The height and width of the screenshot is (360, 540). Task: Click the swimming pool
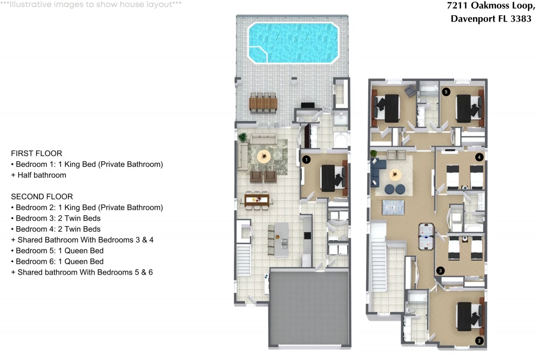(x=293, y=43)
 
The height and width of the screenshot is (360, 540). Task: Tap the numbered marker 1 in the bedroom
(x=306, y=160)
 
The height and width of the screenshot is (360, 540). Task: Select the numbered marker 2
(x=479, y=341)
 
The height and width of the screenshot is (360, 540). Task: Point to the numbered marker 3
(x=440, y=270)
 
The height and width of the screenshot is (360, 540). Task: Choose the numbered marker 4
(x=479, y=157)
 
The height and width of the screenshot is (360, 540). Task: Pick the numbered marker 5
(x=446, y=92)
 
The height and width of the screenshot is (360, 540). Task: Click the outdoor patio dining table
(x=263, y=103)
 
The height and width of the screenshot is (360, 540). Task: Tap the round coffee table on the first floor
(x=264, y=157)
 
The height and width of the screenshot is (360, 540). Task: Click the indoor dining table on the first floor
(x=257, y=200)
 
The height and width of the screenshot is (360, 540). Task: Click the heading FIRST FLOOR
(x=37, y=153)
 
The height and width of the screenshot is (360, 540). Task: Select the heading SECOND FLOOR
(x=42, y=196)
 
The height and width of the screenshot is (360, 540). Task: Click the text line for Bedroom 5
(x=57, y=250)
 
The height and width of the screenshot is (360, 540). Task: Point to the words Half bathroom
(x=42, y=175)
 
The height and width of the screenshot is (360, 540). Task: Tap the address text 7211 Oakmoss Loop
(x=491, y=6)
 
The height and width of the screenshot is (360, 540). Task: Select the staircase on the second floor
(x=379, y=256)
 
